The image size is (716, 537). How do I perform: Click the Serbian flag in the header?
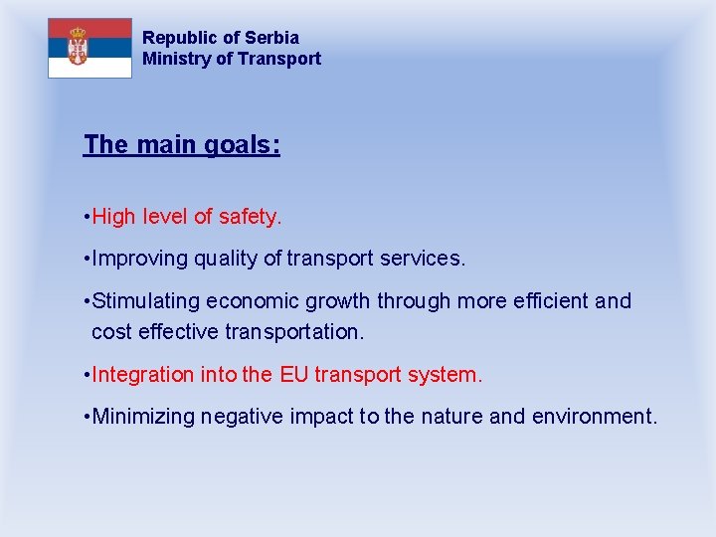point(89,48)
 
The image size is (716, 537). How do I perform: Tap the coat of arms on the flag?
point(77,47)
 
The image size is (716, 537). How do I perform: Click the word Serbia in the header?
point(271,38)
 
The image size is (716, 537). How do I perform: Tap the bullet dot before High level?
point(88,216)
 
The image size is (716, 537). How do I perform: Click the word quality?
point(226,259)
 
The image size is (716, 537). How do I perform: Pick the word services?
point(427,259)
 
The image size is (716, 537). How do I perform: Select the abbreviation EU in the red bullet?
point(293,375)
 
